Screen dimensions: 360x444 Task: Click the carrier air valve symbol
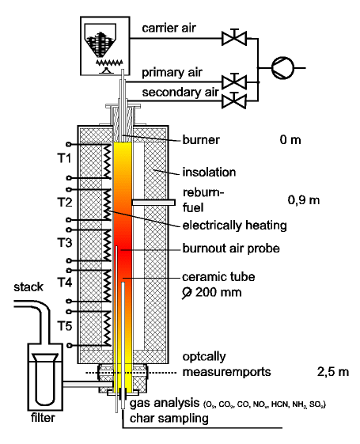point(234,37)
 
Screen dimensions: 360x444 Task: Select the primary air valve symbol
point(234,82)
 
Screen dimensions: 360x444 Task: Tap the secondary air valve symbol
point(234,100)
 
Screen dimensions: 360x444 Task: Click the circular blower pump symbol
point(282,68)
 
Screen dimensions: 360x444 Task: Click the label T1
point(65,158)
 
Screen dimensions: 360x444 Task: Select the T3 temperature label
point(65,243)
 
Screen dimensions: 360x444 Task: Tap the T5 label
point(65,326)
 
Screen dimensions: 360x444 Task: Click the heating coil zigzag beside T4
point(107,286)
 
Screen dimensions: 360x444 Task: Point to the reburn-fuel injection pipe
point(153,203)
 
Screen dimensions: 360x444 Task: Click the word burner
point(201,140)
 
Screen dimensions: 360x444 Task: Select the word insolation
point(209,173)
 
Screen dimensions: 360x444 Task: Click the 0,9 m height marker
point(304,200)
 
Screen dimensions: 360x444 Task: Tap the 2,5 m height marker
point(333,372)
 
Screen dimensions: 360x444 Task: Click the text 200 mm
point(218,292)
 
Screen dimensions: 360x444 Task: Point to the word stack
point(28,287)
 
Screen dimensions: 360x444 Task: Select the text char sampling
point(169,418)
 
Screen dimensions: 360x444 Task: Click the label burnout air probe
point(231,249)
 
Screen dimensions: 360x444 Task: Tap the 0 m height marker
point(290,140)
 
